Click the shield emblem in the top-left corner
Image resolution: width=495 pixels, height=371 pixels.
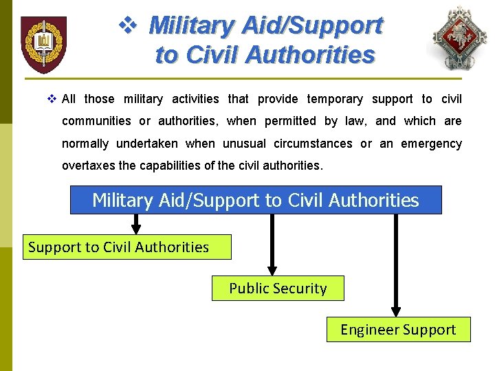pos(43,44)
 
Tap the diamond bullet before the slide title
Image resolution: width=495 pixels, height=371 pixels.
pos(129,26)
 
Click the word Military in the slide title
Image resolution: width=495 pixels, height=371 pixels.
pos(192,25)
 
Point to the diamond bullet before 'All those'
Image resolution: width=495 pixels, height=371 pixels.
pos(52,99)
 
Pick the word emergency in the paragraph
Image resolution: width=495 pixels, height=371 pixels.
pos(431,144)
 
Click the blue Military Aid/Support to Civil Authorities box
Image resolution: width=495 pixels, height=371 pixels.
pos(256,200)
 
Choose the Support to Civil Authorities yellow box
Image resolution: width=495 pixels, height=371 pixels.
pos(127,247)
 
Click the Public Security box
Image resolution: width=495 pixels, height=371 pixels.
pos(278,289)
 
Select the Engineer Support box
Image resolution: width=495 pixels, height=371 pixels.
pos(398,330)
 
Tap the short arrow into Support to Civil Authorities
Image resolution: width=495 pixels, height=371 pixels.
pos(136,224)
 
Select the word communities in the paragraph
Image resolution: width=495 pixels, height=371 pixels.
pos(96,121)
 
